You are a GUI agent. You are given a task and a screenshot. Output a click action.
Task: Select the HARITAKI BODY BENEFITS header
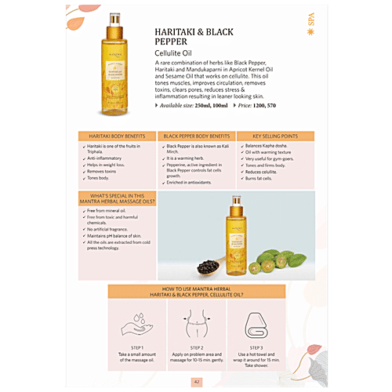coord(118,136)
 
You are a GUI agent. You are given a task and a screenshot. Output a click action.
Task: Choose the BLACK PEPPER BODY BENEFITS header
coord(197,136)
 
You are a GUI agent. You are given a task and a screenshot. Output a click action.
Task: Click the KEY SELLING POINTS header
coord(273,136)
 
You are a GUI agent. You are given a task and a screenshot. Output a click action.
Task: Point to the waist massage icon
coord(195,321)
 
